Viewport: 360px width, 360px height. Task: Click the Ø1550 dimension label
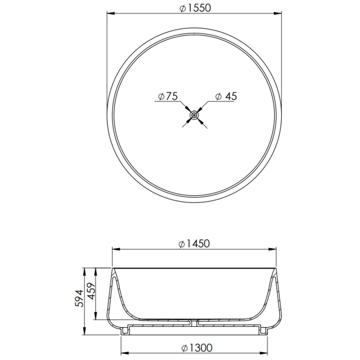195,8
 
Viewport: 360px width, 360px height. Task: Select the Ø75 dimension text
168,96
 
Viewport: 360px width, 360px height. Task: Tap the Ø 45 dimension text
226,96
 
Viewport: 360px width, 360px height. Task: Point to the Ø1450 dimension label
194,244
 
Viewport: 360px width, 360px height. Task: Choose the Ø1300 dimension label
197,348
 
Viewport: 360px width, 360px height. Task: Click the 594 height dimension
79,298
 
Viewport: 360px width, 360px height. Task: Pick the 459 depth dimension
91,291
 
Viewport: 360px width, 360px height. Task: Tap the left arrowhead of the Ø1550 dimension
111,13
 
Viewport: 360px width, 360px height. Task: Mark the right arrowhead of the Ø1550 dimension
278,13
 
